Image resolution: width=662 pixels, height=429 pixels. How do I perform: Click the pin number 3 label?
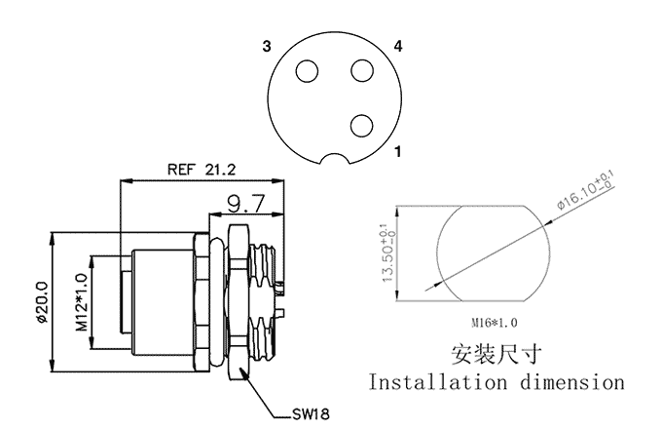pyautogui.click(x=265, y=46)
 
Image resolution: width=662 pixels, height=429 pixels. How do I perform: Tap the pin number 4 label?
pyautogui.click(x=398, y=46)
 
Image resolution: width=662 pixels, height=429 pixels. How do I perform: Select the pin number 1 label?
pyautogui.click(x=398, y=152)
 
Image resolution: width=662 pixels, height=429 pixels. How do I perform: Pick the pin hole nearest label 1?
pyautogui.click(x=361, y=125)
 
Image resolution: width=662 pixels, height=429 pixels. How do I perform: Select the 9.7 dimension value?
pyautogui.click(x=245, y=203)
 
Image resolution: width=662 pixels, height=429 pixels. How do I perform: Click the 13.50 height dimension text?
pyautogui.click(x=387, y=254)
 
